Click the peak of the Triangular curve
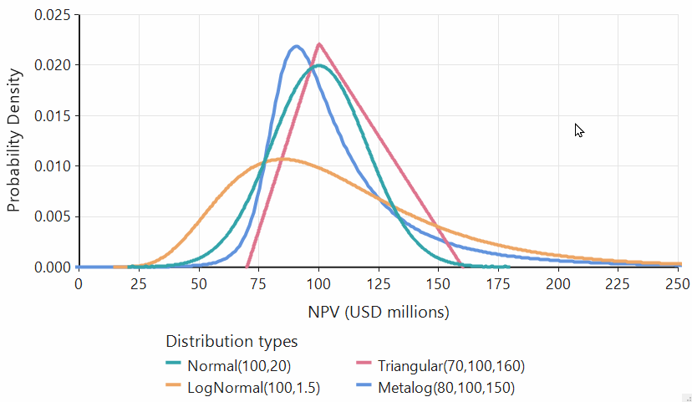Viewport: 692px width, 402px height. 318,44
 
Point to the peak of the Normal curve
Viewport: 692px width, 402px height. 318,65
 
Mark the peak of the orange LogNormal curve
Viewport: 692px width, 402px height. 283,158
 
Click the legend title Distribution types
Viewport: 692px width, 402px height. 232,341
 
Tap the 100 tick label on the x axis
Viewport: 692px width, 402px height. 318,284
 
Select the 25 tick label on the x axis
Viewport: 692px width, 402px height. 139,284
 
